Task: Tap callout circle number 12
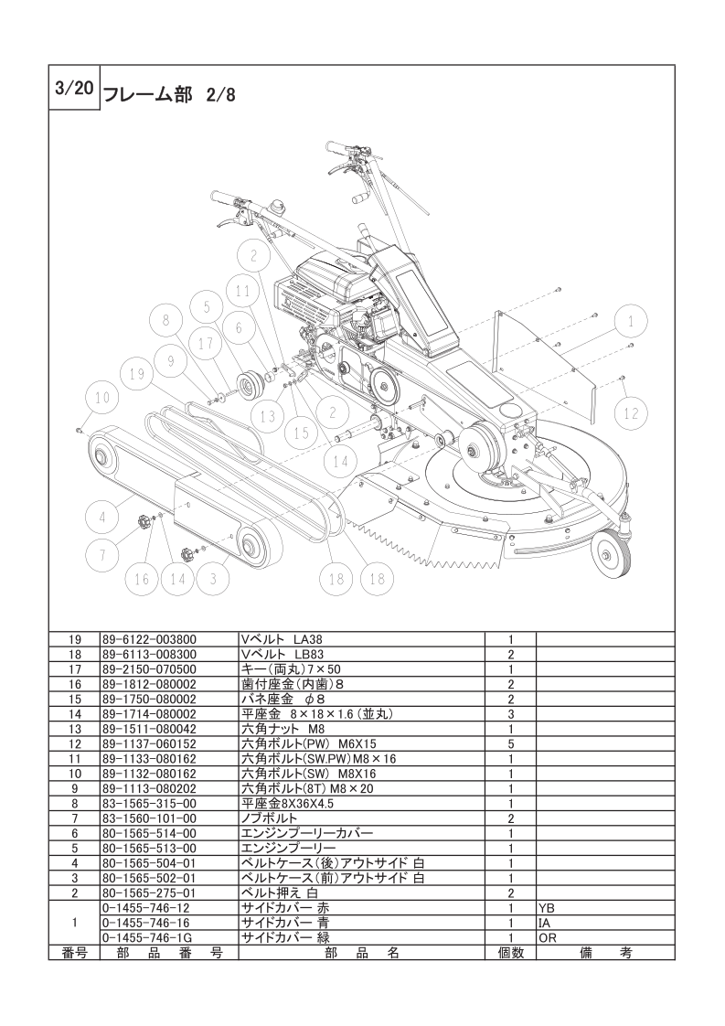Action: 631,413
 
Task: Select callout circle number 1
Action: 630,322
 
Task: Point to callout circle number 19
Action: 138,374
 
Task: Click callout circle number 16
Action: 142,578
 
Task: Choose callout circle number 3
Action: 212,578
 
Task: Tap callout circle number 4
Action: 102,517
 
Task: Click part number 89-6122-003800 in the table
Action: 150,639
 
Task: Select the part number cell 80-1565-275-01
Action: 150,892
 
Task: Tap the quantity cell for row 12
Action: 509,743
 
